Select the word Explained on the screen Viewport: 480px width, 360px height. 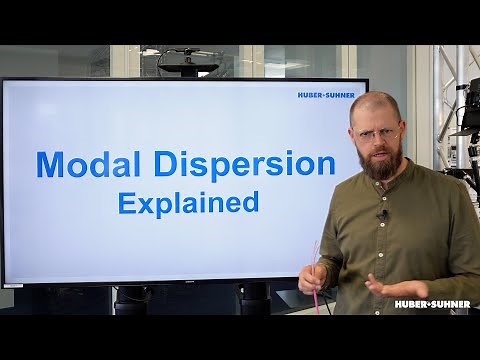[188, 202]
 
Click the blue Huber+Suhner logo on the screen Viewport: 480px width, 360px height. [325, 96]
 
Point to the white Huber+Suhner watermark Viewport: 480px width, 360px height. [431, 304]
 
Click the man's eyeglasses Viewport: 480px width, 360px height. [378, 132]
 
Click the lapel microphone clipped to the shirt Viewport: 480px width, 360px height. [381, 214]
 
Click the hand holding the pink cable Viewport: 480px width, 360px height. [313, 276]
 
